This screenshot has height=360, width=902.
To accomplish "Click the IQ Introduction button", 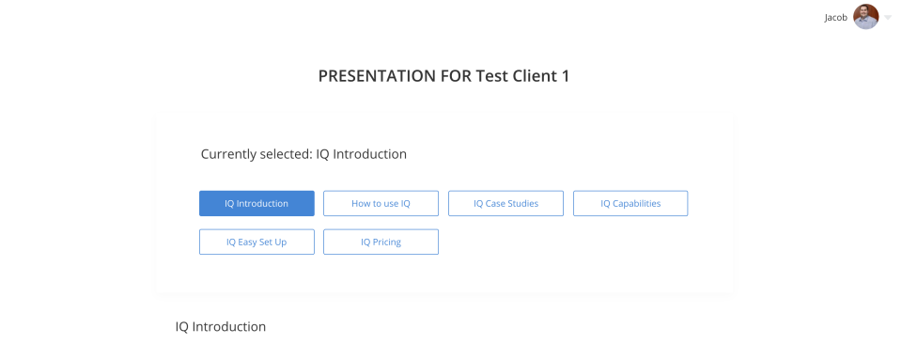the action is (257, 204).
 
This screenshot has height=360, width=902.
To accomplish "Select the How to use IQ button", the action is (381, 204).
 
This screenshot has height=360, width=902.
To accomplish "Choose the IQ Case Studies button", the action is (505, 204).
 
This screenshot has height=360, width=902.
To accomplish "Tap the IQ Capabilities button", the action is (630, 204).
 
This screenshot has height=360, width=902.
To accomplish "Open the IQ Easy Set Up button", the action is (257, 243).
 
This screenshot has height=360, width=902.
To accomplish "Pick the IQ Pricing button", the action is (381, 243).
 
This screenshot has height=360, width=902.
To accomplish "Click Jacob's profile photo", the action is (865, 17).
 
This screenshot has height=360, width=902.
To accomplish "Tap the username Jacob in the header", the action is (836, 18).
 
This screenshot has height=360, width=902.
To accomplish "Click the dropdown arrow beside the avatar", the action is (888, 18).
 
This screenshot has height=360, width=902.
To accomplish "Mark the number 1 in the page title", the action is (565, 76).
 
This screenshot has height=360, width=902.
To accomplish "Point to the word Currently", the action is (227, 155).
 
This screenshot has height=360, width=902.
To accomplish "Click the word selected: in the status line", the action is (285, 154).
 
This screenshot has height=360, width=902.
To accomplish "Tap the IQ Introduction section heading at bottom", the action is (220, 327).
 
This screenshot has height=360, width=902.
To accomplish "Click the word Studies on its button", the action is (522, 204).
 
